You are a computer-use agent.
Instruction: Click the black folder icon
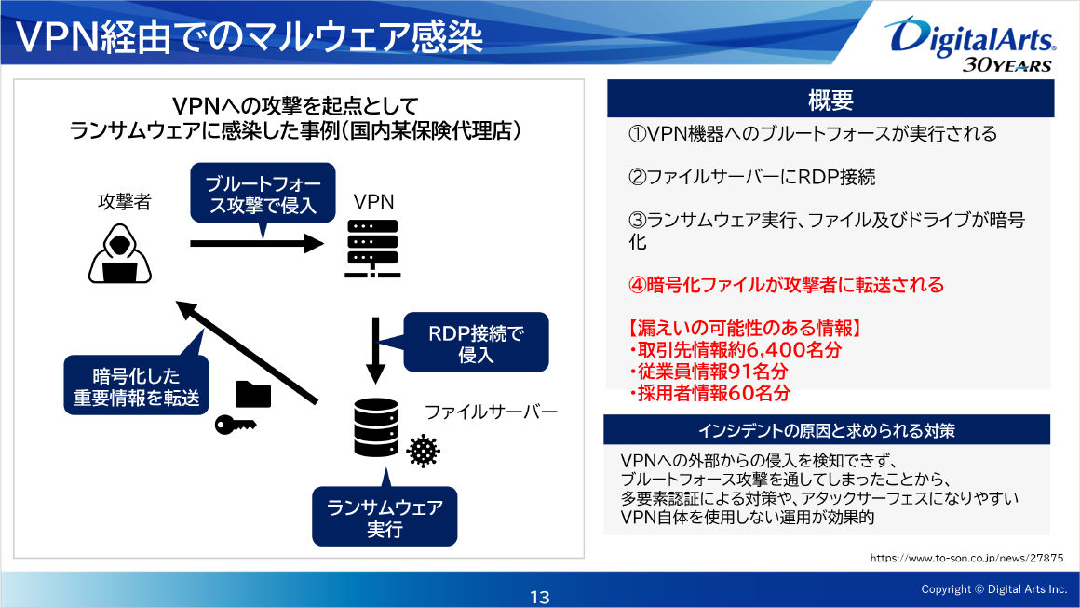pyautogui.click(x=253, y=394)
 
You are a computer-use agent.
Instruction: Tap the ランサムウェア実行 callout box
pyautogui.click(x=385, y=518)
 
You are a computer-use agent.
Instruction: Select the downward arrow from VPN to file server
pyautogui.click(x=375, y=350)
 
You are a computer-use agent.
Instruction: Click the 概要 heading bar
pyautogui.click(x=830, y=99)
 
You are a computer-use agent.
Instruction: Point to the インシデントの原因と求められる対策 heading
pyautogui.click(x=827, y=430)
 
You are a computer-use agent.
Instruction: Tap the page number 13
pyautogui.click(x=540, y=597)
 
